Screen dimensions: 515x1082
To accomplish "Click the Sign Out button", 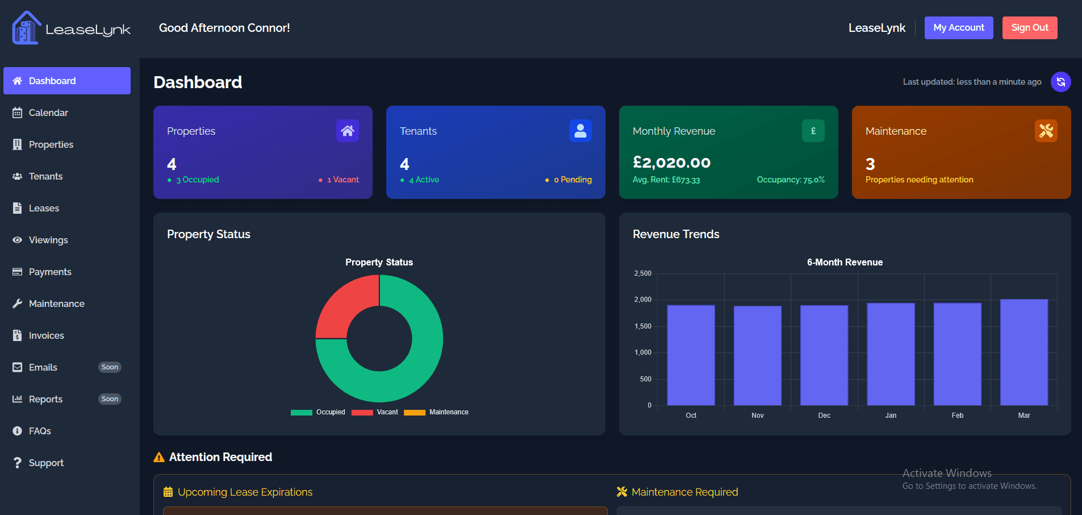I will (x=1029, y=28).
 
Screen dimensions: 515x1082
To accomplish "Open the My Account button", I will (x=958, y=28).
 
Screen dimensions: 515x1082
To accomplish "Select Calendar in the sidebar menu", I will (x=48, y=113).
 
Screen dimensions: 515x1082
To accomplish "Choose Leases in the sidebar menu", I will (x=44, y=208).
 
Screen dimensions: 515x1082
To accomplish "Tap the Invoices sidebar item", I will (x=46, y=335).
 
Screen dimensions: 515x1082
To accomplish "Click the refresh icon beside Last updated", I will (x=1060, y=82).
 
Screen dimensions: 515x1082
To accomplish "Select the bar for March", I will (x=1023, y=352).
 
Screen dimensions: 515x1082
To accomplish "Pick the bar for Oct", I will (x=691, y=355).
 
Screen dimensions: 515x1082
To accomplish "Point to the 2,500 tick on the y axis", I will (x=643, y=273).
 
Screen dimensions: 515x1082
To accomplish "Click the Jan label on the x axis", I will (x=891, y=416).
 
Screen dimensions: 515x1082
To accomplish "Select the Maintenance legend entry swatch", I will (x=415, y=413).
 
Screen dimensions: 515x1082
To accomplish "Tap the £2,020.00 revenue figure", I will (x=671, y=163).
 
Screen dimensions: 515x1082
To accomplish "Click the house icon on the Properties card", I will (x=347, y=131).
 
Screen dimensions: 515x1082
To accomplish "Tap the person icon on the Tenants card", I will (x=580, y=131).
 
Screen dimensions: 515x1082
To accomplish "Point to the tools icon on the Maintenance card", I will (x=1046, y=131).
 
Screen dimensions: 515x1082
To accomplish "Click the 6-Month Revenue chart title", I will (x=845, y=262).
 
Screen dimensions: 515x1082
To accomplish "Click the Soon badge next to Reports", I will (x=110, y=399).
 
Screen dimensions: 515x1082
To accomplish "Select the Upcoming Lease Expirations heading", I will (x=245, y=492).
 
